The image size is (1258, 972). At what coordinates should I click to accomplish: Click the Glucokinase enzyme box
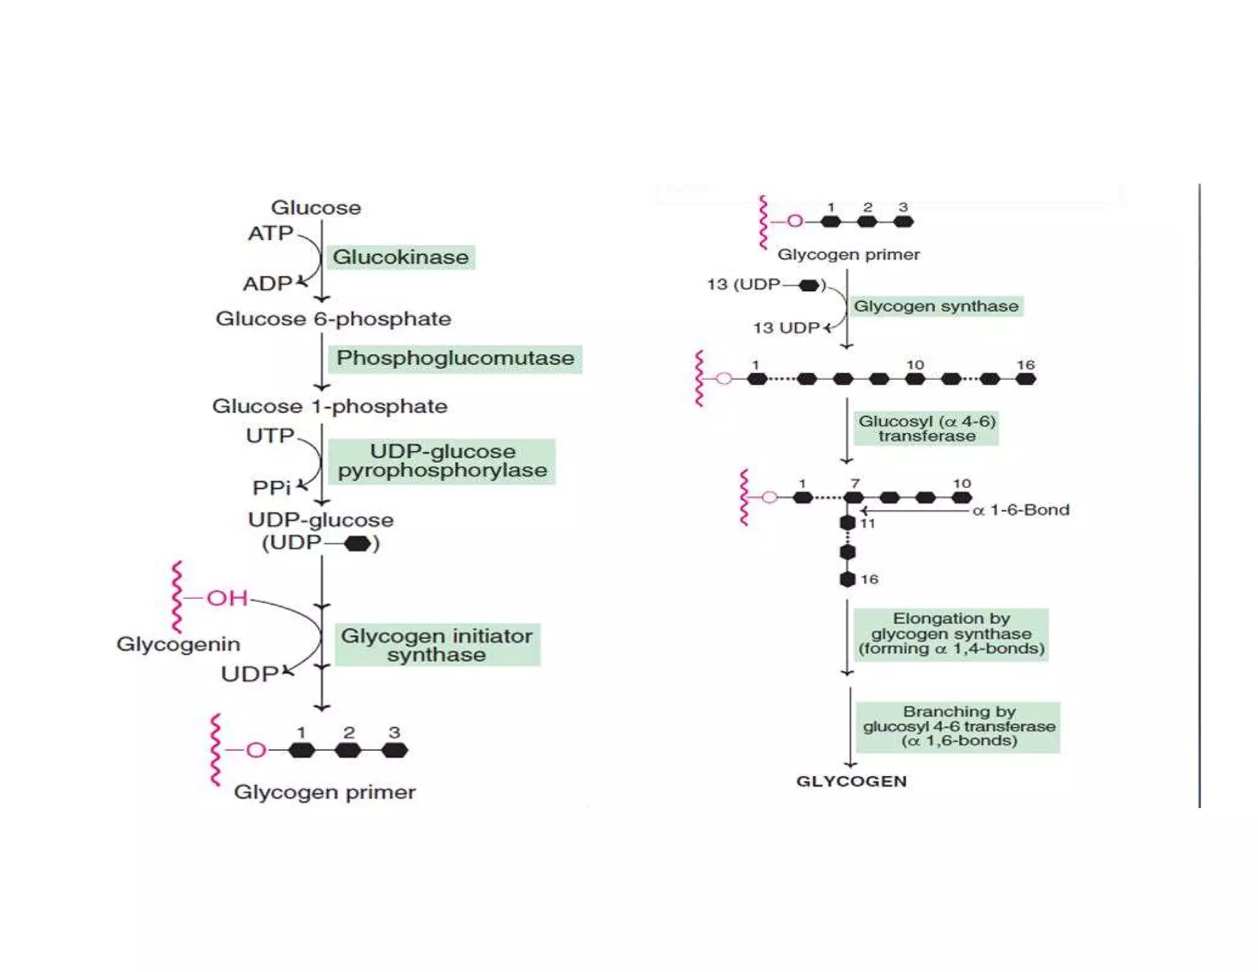[400, 257]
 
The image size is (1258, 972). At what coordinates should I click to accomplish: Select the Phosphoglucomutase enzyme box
[455, 358]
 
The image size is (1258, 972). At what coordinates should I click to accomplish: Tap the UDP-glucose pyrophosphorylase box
[442, 461]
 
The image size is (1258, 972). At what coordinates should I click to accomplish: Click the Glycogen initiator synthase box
[437, 645]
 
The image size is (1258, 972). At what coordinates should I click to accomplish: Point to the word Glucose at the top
[316, 208]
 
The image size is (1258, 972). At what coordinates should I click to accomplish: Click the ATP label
[270, 233]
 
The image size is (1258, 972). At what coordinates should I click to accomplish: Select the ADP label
[267, 284]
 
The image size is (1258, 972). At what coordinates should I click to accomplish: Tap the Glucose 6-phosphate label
[333, 319]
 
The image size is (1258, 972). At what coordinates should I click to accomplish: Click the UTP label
[270, 436]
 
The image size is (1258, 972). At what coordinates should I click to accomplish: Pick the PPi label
[271, 488]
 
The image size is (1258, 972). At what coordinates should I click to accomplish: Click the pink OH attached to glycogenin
[227, 598]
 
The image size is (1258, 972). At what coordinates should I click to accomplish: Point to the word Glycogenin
[178, 644]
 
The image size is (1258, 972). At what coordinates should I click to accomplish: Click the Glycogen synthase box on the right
[936, 306]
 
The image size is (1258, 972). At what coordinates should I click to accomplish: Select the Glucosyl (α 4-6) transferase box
[926, 428]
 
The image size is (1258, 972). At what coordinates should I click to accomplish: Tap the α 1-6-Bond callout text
[1021, 510]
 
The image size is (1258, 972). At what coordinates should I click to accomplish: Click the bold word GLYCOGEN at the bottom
[851, 781]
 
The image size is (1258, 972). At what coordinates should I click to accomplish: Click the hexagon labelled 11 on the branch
[848, 523]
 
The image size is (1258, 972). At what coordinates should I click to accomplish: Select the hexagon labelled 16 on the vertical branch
[848, 579]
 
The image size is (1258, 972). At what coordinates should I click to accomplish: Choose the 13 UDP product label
[786, 328]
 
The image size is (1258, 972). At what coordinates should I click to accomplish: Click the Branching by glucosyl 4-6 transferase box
[958, 726]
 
